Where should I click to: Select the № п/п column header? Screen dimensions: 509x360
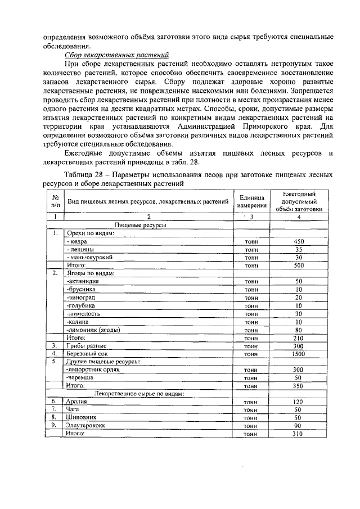coord(56,201)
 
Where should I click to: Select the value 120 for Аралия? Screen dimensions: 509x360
coord(299,402)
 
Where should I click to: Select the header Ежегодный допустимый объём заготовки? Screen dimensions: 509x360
coord(299,201)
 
